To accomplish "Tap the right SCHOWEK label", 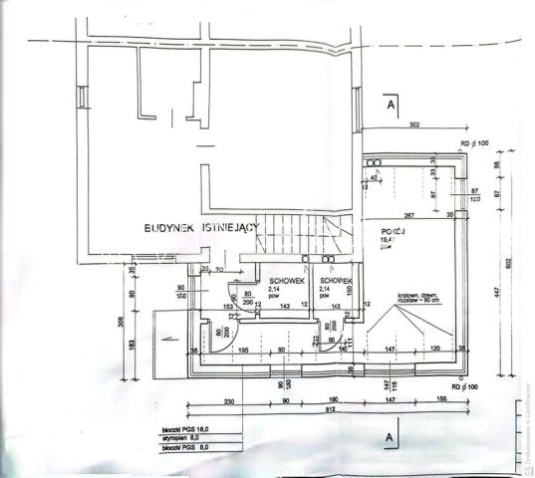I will point(337,281).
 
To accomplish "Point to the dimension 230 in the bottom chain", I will point(228,400).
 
